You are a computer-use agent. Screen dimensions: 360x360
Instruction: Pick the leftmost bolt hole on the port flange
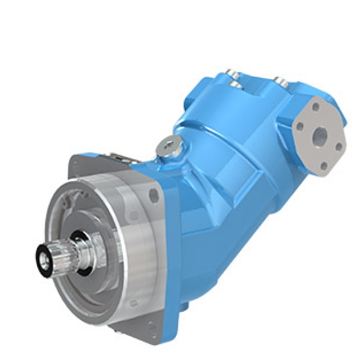298,127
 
